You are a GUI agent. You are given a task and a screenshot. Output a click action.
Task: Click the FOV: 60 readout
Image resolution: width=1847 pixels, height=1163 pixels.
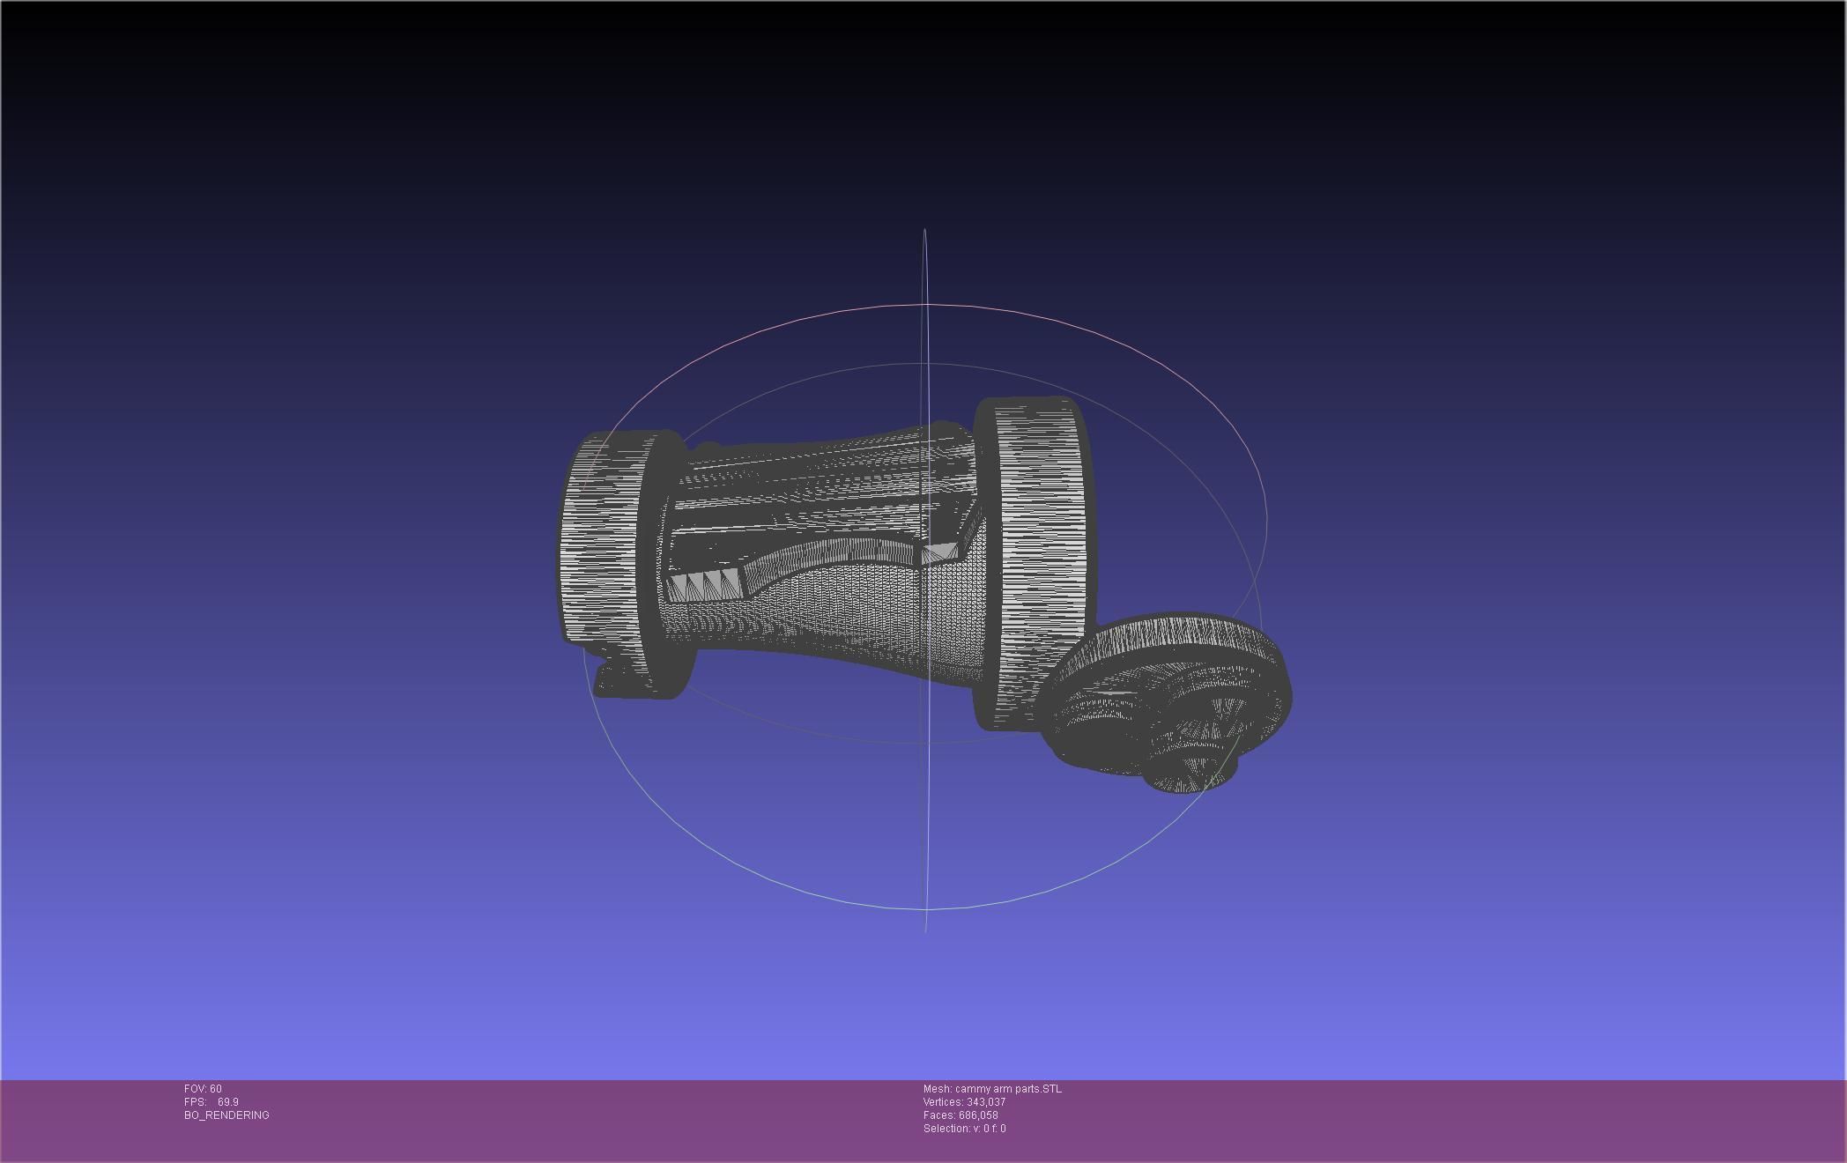click(x=203, y=1089)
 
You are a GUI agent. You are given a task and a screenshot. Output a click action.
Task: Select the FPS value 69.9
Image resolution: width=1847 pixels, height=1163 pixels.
click(x=227, y=1102)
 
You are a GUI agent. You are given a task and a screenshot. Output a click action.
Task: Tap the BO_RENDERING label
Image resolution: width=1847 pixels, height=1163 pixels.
click(x=226, y=1115)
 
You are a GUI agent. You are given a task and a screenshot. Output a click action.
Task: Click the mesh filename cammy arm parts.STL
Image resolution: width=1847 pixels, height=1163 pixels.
click(x=1008, y=1089)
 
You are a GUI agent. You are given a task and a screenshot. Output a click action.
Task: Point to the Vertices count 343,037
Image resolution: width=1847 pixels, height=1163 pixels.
click(x=986, y=1102)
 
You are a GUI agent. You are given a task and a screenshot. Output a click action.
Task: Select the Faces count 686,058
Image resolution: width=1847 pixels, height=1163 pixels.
click(x=978, y=1115)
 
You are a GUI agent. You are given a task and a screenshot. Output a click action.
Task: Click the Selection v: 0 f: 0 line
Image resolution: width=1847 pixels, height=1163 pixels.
click(x=964, y=1129)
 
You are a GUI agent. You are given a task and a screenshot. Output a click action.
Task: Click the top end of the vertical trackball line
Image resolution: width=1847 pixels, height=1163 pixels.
click(x=924, y=232)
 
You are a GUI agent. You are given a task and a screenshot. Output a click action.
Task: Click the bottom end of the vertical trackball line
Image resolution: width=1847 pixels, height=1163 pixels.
click(x=925, y=929)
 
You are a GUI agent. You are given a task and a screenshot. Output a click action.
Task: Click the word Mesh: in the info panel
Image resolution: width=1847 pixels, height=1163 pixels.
click(x=937, y=1089)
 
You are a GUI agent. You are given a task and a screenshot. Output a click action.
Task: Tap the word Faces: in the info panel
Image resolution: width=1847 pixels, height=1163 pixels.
click(x=938, y=1115)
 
